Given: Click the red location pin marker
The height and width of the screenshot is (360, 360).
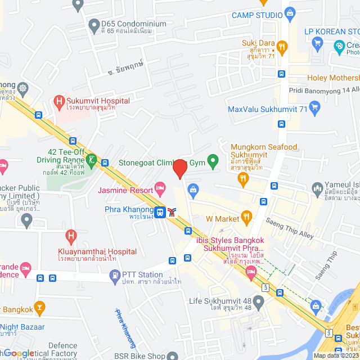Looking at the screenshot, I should click(179, 168).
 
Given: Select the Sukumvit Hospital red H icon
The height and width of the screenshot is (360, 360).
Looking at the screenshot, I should click(58, 101).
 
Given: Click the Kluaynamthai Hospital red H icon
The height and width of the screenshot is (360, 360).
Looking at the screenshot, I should click(71, 235).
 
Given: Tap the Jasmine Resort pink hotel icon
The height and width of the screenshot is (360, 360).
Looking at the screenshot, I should click(160, 187).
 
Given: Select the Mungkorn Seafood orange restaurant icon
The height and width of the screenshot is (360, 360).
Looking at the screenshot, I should click(243, 179).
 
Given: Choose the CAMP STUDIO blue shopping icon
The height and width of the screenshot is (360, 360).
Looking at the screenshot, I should click(290, 12).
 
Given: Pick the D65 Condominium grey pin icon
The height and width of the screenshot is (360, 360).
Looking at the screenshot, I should click(94, 24).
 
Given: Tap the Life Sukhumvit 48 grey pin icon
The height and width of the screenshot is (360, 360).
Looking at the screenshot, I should click(258, 303).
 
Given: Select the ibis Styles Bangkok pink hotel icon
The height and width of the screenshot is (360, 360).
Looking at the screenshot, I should click(251, 274).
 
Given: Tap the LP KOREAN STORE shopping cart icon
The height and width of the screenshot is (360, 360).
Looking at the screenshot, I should click(317, 43).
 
